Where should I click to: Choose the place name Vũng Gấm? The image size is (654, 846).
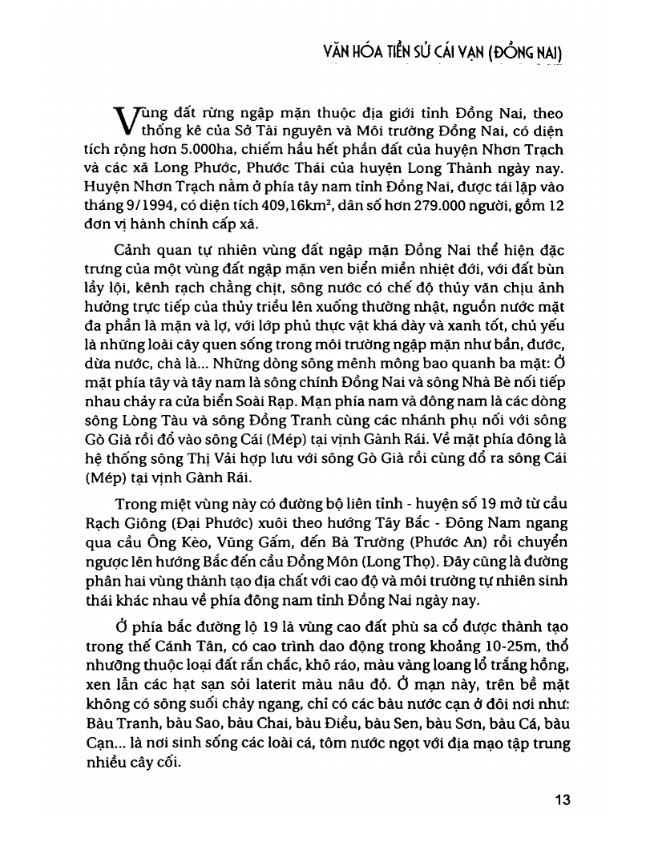[x=252, y=543]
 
